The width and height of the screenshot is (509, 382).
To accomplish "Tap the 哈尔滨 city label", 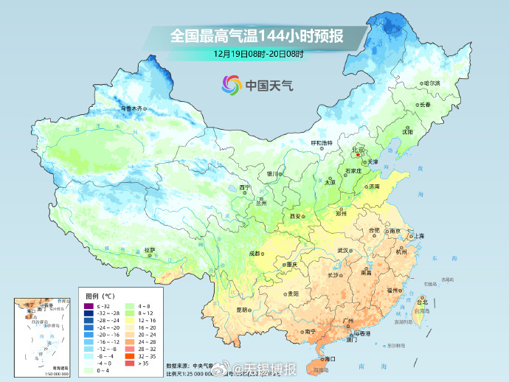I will (431, 83).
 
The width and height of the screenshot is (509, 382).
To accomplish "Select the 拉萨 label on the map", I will (150, 250).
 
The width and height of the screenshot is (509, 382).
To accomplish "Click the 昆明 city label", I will (243, 310).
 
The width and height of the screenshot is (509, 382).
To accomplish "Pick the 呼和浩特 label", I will (321, 142).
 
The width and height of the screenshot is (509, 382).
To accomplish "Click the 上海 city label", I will (418, 235).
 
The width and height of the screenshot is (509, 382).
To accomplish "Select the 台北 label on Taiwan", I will (422, 302).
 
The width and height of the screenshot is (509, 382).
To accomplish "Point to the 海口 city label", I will (328, 358).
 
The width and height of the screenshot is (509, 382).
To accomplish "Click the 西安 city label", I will (296, 215).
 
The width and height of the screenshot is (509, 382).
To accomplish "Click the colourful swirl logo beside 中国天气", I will (232, 85).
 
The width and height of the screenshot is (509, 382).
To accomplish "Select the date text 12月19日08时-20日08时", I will (258, 53).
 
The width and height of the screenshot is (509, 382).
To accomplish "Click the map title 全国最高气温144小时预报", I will (258, 35).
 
